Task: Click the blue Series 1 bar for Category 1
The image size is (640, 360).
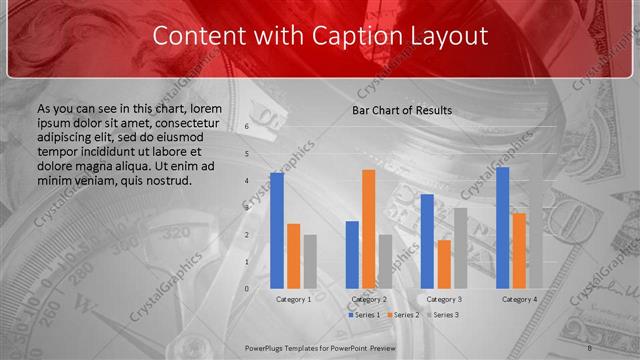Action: pos(277,230)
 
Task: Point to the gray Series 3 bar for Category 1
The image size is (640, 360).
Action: pos(310,261)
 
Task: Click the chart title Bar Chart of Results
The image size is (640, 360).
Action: pos(401,110)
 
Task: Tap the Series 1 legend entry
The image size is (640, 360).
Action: pos(364,315)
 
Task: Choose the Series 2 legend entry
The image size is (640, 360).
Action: pos(403,315)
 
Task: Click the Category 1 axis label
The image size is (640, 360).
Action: pos(293,299)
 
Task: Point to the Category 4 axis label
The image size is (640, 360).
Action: pos(519,299)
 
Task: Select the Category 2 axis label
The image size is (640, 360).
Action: pos(368,299)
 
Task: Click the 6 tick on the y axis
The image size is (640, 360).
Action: pos(246,128)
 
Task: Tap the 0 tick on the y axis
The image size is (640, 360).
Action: pos(246,288)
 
